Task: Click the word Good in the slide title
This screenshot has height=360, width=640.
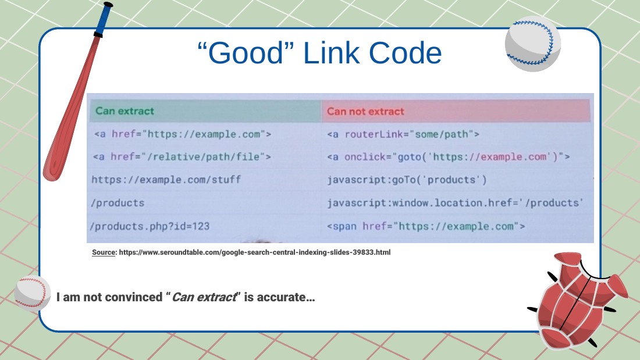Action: pyautogui.click(x=246, y=53)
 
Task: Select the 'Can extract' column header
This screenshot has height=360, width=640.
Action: pyautogui.click(x=125, y=111)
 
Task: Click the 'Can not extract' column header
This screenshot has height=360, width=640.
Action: pyautogui.click(x=365, y=112)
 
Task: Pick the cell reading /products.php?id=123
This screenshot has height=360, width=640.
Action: pyautogui.click(x=150, y=226)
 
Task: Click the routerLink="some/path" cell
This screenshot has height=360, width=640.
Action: pyautogui.click(x=403, y=134)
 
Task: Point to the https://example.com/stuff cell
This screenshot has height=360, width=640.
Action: pyautogui.click(x=166, y=180)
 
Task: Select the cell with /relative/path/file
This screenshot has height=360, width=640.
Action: pyautogui.click(x=182, y=156)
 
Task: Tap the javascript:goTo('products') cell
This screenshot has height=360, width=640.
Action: pyautogui.click(x=407, y=180)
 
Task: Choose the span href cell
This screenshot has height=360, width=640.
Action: pyautogui.click(x=426, y=226)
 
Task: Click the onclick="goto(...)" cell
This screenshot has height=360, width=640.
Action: pyautogui.click(x=449, y=156)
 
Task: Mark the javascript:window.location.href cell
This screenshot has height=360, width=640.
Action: pyautogui.click(x=455, y=203)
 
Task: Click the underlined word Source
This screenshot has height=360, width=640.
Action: pyautogui.click(x=104, y=252)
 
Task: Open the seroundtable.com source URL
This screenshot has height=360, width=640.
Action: pyautogui.click(x=255, y=252)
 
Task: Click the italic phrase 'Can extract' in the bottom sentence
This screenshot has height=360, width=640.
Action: pyautogui.click(x=204, y=297)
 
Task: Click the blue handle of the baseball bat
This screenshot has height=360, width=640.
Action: pyautogui.click(x=104, y=19)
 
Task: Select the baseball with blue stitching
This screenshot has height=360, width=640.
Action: pyautogui.click(x=532, y=44)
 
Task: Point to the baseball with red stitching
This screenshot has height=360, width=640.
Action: pyautogui.click(x=33, y=294)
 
